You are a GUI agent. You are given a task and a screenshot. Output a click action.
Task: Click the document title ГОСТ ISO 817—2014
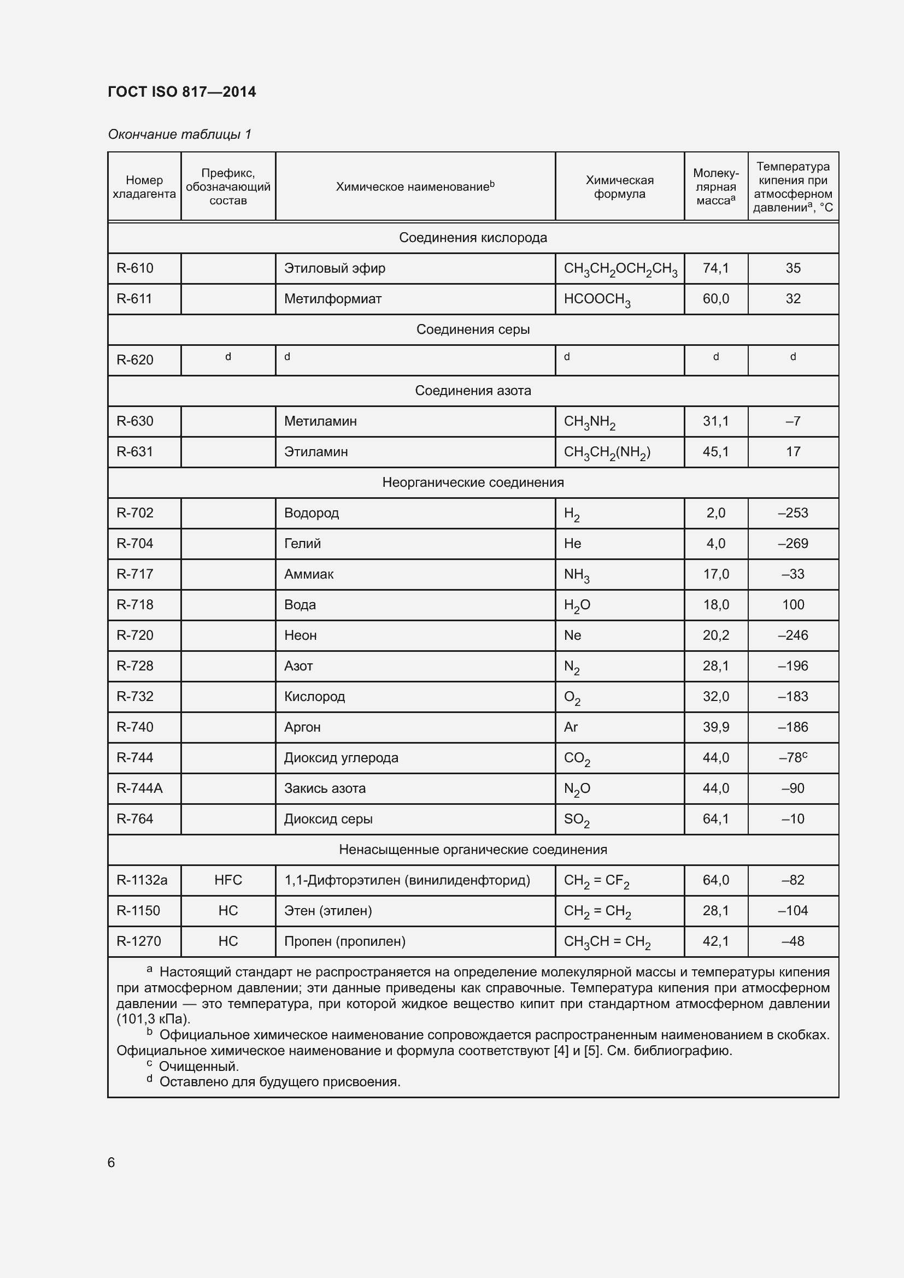[182, 92]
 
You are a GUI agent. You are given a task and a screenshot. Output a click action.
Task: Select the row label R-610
[134, 268]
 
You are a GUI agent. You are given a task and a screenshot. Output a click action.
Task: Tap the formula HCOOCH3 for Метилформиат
[597, 299]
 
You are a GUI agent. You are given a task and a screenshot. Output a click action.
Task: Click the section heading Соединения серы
[473, 329]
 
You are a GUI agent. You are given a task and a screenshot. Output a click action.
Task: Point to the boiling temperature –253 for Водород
[793, 513]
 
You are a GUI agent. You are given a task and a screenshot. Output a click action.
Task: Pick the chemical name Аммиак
[308, 574]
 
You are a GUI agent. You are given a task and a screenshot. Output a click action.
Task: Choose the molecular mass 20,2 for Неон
[715, 635]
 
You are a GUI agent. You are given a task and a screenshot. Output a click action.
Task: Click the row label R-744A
[139, 788]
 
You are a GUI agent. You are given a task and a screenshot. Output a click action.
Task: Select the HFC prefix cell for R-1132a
[228, 880]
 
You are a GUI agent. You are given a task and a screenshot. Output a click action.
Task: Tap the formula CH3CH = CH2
[607, 942]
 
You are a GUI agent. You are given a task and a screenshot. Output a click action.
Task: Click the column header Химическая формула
[619, 187]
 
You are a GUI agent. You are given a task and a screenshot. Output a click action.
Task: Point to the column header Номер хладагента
[144, 187]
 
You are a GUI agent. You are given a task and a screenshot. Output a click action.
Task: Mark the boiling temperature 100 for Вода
[793, 604]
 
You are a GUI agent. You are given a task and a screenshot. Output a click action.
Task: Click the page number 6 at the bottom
[111, 1162]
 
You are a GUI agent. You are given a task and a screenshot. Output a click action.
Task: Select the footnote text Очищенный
[199, 1067]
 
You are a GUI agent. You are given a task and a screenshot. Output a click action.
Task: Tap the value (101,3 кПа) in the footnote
[154, 1019]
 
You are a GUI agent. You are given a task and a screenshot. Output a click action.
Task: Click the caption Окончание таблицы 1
[180, 134]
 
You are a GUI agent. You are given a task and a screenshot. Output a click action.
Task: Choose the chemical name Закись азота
[325, 788]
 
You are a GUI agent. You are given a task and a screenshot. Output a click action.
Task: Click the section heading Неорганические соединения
[473, 482]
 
